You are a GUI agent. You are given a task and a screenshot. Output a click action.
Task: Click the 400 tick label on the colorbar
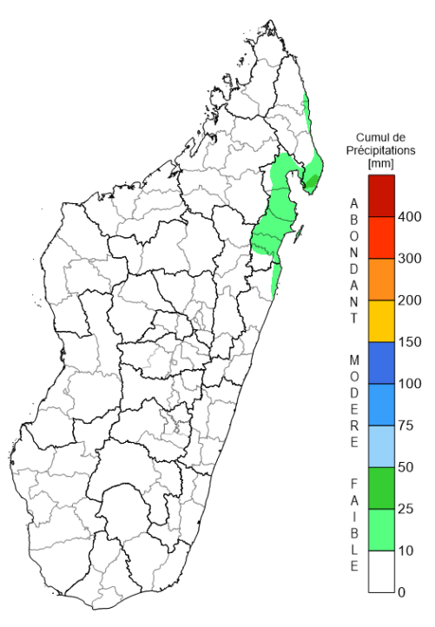click(x=409, y=217)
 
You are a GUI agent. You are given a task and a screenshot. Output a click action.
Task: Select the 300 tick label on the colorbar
click(x=409, y=259)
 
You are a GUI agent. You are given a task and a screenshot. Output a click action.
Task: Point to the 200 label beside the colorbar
click(x=409, y=300)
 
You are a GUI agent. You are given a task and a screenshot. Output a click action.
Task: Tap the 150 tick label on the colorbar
click(x=409, y=342)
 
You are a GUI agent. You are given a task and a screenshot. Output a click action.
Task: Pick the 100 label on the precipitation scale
click(x=409, y=384)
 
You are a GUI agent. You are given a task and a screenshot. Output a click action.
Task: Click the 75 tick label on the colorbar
click(x=406, y=426)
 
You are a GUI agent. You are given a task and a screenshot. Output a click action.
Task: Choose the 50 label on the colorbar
click(x=406, y=467)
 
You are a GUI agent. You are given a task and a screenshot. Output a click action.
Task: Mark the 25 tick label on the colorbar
click(x=406, y=509)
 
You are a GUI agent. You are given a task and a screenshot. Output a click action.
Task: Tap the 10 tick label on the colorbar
click(x=406, y=551)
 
